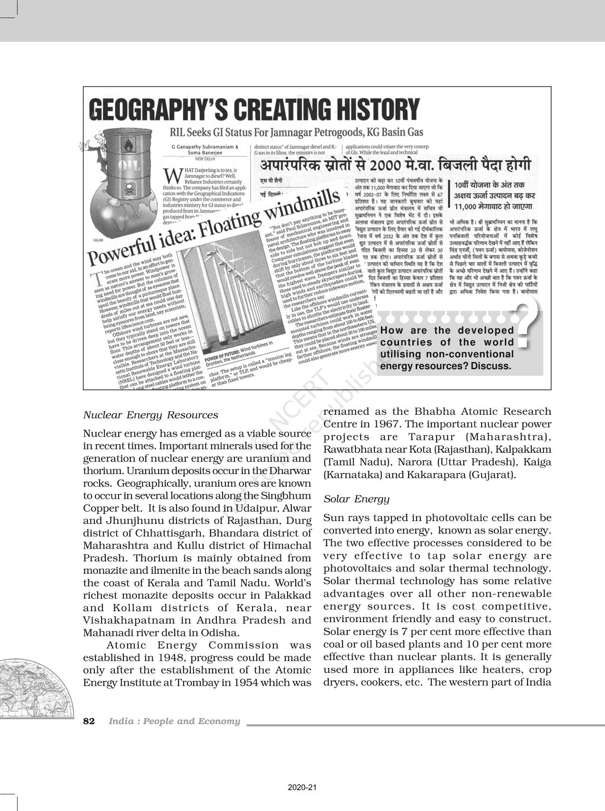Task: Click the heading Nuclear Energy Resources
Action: coord(150,415)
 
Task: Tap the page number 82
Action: coord(89,721)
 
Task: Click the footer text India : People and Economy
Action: coord(174,721)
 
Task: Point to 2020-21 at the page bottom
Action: coord(302,788)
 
